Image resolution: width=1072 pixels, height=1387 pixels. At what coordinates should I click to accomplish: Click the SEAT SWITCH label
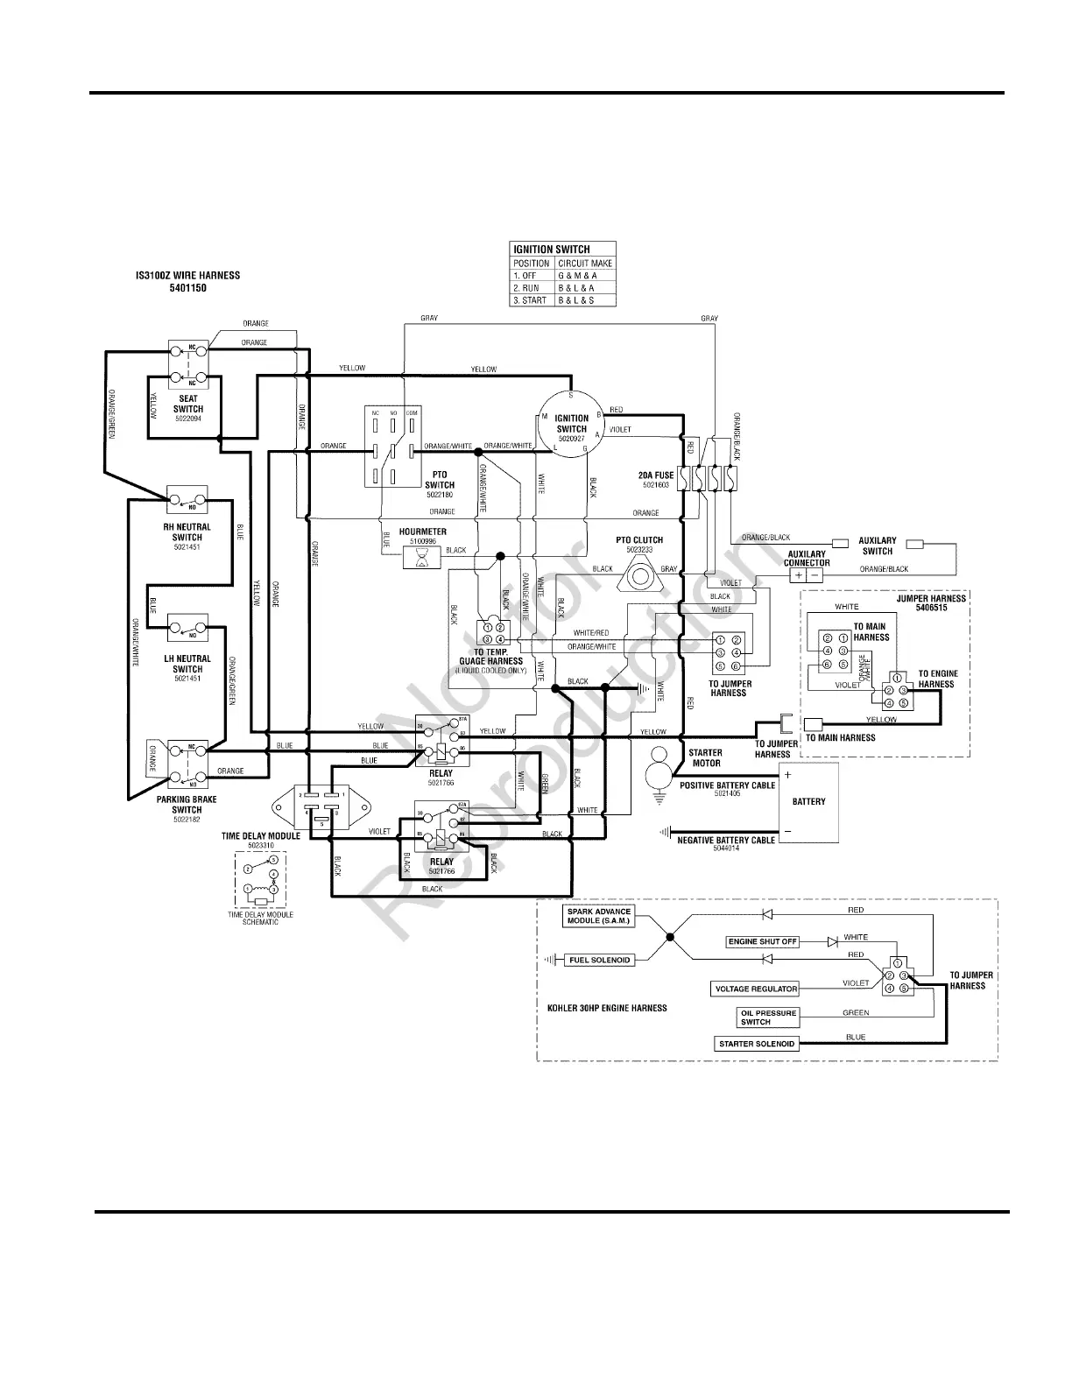pos(187,404)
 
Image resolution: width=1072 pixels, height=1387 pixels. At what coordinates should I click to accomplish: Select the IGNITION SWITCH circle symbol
pos(570,424)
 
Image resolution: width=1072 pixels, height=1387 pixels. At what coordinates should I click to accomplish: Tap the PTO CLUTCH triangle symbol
pos(638,576)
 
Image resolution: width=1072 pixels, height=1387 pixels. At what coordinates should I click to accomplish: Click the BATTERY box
pos(808,802)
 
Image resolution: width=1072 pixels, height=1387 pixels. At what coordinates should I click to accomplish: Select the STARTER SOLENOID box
pos(757,1044)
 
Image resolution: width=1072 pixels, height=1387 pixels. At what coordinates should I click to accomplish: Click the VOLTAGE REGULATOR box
pos(755,989)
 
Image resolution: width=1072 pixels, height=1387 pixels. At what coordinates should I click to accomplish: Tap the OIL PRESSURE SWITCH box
pos(755,1017)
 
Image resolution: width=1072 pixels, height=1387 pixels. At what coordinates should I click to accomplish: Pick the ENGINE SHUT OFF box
pos(763,941)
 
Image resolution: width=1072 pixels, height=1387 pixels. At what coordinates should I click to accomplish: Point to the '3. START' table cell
pos(532,300)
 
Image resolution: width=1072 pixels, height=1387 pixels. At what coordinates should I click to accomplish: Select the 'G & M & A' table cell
pos(585,276)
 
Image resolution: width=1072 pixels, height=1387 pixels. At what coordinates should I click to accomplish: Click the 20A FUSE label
pos(656,475)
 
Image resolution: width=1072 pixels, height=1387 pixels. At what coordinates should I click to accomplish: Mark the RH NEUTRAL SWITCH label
pos(187,532)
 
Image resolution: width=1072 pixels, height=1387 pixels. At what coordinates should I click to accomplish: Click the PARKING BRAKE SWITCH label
pos(187,804)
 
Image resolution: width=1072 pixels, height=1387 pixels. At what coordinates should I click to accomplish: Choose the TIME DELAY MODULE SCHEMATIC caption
pos(260,918)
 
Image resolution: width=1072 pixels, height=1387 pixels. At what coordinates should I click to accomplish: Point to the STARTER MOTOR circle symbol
pos(657,774)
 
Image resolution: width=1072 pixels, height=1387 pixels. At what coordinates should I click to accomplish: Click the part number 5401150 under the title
pos(187,288)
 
